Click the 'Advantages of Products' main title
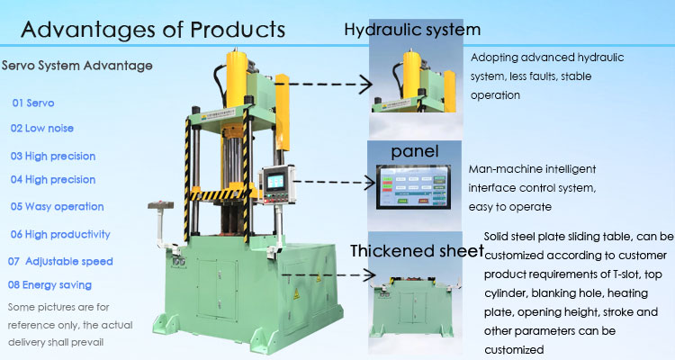coord(153,30)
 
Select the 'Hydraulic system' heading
coord(412,30)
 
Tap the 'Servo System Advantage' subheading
coord(77,66)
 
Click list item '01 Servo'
coord(33,103)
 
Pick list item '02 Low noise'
coord(41,128)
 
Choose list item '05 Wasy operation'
coord(57,207)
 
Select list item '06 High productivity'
coord(60,234)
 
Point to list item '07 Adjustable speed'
coord(60,261)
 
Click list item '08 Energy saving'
coord(49,285)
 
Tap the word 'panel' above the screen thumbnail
coord(415,151)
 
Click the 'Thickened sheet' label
coord(417,250)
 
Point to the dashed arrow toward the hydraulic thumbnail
coord(324,84)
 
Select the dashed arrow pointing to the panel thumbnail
coord(334,183)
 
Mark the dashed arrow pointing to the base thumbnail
coord(328,274)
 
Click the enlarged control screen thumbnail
coord(413,187)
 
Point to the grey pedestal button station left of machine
coord(161,224)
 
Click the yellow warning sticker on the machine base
coord(296,294)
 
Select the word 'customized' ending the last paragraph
coord(514,350)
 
